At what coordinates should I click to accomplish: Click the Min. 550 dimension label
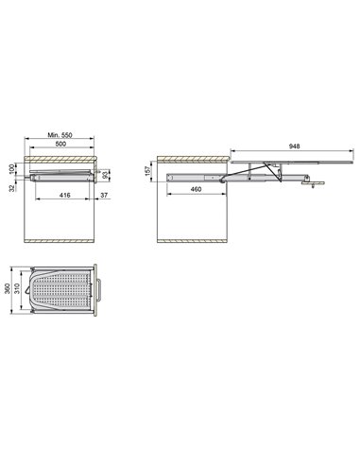[60, 135]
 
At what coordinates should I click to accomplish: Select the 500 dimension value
[60, 144]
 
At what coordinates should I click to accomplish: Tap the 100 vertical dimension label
[12, 169]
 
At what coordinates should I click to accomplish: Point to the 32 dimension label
[12, 188]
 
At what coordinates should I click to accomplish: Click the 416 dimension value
[65, 196]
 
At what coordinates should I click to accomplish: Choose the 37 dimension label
[104, 196]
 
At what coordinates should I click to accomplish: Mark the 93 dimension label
[106, 175]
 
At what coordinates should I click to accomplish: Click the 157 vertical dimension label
[147, 171]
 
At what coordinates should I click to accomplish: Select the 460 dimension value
[196, 189]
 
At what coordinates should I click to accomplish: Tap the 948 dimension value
[295, 146]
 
